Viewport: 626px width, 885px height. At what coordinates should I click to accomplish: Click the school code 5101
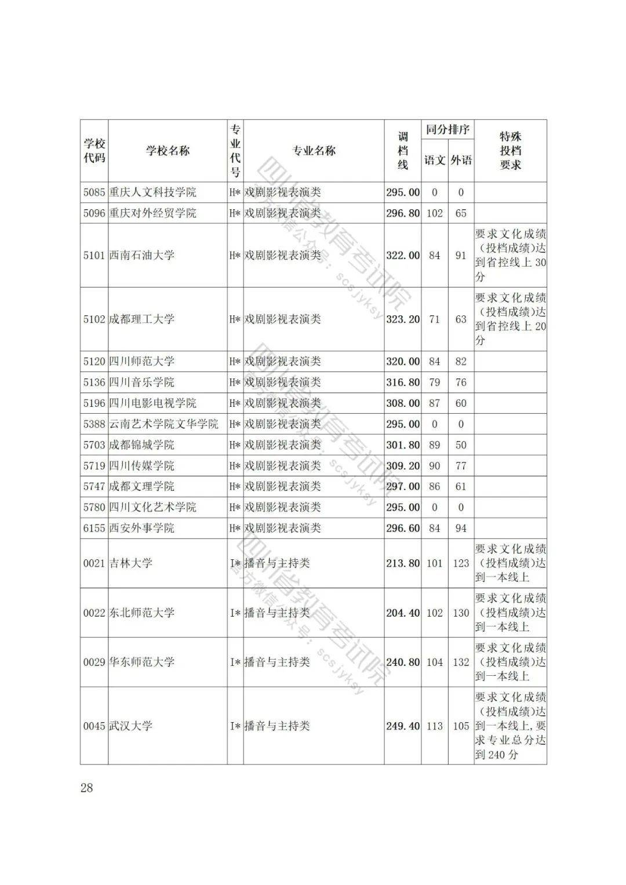94,256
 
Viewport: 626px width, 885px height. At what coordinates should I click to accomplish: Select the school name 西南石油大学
142,256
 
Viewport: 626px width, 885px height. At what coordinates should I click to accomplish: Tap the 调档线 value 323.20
403,319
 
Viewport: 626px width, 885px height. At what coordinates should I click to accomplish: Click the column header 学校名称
168,151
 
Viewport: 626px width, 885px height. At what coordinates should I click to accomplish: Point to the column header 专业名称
314,151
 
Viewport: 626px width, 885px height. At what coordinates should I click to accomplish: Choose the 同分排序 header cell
447,130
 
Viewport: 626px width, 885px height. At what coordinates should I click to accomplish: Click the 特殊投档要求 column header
510,151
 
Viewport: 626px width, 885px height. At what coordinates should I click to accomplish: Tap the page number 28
87,788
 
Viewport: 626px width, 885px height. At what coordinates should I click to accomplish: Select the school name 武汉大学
131,726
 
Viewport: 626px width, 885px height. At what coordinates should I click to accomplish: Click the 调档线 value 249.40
403,726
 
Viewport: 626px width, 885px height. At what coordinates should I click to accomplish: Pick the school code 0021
94,563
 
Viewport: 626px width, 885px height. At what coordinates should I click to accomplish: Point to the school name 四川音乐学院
142,383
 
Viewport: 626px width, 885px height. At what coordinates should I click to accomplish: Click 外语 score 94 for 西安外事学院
461,529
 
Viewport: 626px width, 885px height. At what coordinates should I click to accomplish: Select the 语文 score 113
435,726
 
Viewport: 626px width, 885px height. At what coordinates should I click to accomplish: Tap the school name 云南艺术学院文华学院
164,424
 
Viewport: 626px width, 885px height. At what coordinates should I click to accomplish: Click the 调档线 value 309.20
403,466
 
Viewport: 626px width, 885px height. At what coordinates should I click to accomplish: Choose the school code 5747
94,487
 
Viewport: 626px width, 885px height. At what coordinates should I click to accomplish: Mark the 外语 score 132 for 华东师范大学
461,662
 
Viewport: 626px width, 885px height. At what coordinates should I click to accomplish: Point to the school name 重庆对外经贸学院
153,213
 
